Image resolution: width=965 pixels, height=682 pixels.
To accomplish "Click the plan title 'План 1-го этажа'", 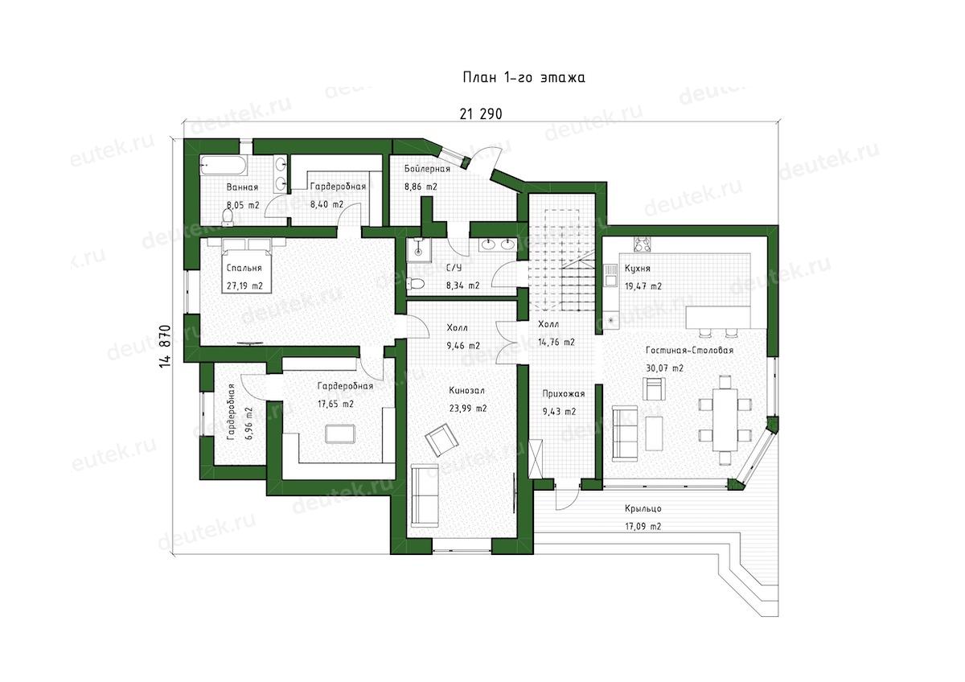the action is (x=524, y=77).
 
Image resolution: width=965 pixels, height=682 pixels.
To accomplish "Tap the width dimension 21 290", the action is (x=481, y=114).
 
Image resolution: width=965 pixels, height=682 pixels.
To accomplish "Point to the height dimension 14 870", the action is (x=165, y=346).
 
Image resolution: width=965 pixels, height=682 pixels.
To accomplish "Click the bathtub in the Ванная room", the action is (x=224, y=166).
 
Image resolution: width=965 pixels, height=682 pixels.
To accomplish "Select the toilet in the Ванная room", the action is (x=227, y=216).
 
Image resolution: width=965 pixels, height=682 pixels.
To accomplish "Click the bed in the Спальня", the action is (x=246, y=265).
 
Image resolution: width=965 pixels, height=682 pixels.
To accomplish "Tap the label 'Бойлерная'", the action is (x=427, y=169).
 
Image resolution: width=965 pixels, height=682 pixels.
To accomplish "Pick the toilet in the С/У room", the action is (x=416, y=283).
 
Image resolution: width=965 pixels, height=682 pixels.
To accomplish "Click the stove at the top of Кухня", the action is (x=642, y=244).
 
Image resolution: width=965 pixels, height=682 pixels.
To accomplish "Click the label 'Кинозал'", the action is (x=466, y=391).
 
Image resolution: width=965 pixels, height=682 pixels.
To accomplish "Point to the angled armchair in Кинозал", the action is (x=441, y=439).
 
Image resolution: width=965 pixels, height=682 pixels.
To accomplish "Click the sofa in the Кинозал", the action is (x=425, y=495).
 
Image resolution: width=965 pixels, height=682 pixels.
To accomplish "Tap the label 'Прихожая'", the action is (x=564, y=394).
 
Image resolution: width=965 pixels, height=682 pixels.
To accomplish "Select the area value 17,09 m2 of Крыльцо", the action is (x=643, y=526).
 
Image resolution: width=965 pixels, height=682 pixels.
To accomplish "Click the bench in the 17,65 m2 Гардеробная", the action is (x=340, y=433).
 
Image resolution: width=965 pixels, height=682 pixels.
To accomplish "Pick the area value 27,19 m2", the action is (x=244, y=286).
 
